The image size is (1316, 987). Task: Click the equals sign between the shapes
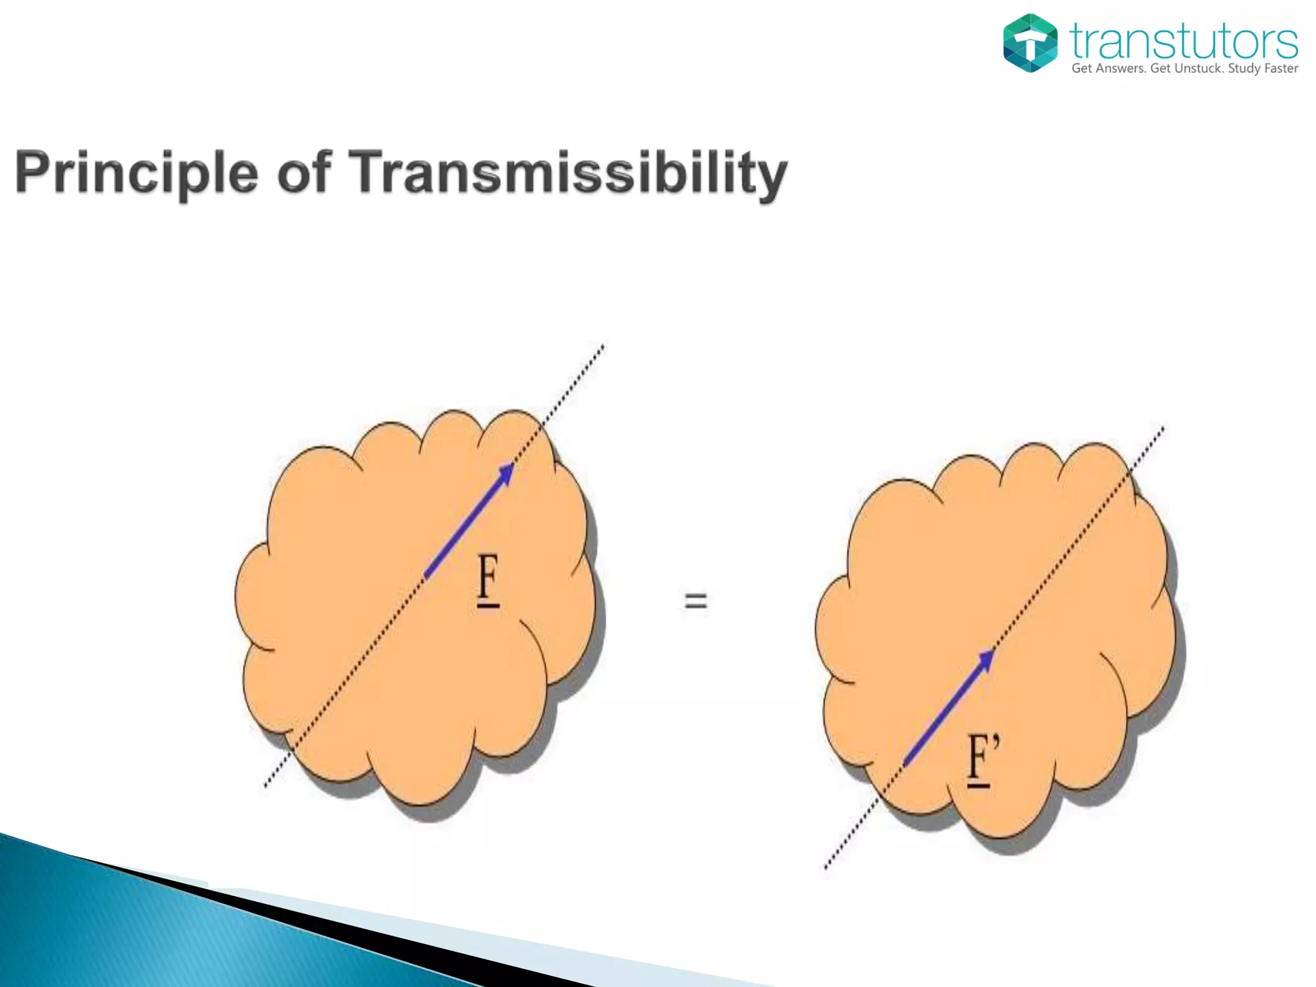coord(695,601)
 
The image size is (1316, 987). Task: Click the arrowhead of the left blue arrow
coord(507,472)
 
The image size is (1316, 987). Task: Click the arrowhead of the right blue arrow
coord(986,659)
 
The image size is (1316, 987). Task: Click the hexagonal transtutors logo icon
coord(1030,43)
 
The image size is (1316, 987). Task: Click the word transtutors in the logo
coord(1184,41)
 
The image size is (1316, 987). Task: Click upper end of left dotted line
coord(602,347)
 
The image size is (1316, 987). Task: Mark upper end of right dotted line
coord(1162,429)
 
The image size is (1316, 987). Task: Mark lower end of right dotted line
coord(827,867)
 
